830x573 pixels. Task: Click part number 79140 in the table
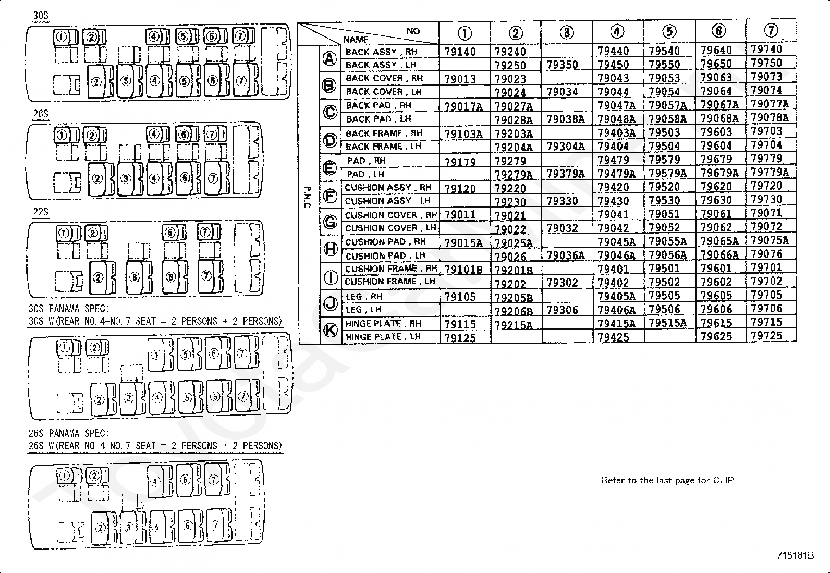point(460,52)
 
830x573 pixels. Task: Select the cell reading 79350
point(562,65)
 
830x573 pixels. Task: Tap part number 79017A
point(463,106)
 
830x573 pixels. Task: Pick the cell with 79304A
point(565,147)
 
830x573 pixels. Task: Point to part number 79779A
point(770,172)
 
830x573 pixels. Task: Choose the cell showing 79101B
point(463,270)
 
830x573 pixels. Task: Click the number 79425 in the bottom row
point(613,337)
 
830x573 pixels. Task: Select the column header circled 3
point(567,32)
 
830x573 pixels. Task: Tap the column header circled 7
point(771,31)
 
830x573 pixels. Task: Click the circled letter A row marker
point(329,58)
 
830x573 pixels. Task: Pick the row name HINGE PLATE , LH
point(383,337)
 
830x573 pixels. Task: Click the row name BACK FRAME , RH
point(384,133)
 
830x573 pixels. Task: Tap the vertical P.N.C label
point(307,197)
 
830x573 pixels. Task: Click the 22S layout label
point(41,212)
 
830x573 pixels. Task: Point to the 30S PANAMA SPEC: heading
point(68,309)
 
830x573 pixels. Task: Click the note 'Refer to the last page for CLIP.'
point(668,480)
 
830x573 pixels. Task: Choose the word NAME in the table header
point(356,39)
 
